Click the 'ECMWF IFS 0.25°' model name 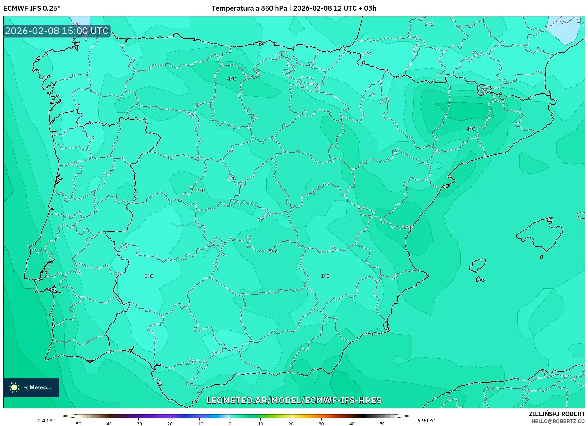pyautogui.click(x=32, y=8)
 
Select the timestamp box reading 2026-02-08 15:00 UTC pyautogui.click(x=57, y=31)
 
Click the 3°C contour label pyautogui.click(x=273, y=252)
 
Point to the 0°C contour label pyautogui.click(x=76, y=24)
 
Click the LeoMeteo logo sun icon pyautogui.click(x=14, y=387)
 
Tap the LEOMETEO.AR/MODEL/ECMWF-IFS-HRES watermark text pyautogui.click(x=294, y=400)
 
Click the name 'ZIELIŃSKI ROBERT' pyautogui.click(x=556, y=414)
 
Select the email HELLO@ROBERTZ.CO pyautogui.click(x=558, y=421)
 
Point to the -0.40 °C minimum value pyautogui.click(x=45, y=421)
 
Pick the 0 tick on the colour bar pyautogui.click(x=230, y=424)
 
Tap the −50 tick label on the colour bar pyautogui.click(x=77, y=424)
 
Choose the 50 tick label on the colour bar pyautogui.click(x=382, y=424)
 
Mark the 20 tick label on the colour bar pyautogui.click(x=291, y=424)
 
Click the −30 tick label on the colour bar pyautogui.click(x=138, y=424)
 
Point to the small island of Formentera pyautogui.click(x=480, y=280)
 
